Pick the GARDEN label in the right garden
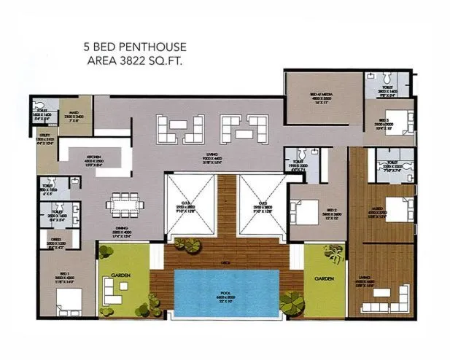[x=323, y=278]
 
